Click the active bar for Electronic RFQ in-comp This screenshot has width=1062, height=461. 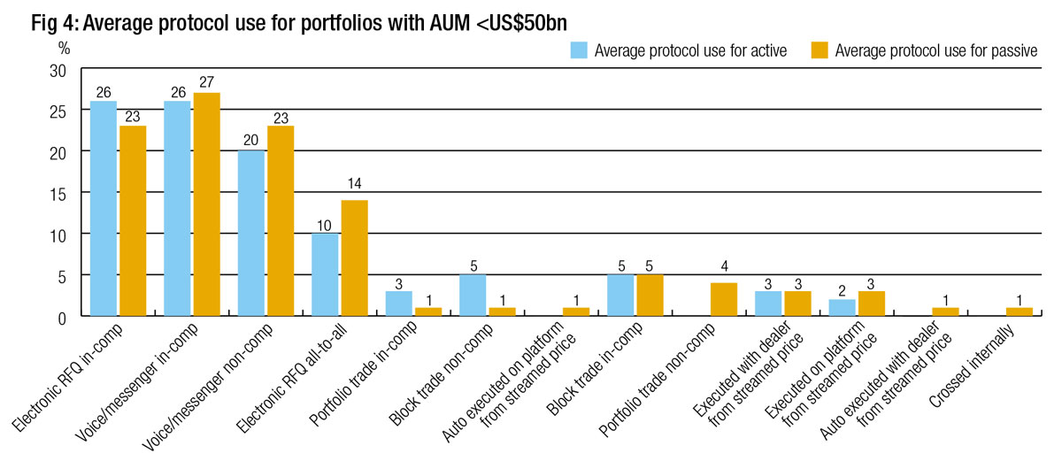(x=103, y=208)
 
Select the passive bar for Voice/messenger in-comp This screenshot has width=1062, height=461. (x=207, y=204)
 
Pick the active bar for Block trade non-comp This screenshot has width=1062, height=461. (x=472, y=295)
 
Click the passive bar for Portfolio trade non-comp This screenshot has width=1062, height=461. (x=723, y=299)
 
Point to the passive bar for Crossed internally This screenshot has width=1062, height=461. (x=1019, y=311)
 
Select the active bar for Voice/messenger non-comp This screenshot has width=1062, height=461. (x=251, y=233)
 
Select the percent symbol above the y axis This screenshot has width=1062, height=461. (x=63, y=45)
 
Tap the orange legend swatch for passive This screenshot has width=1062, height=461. (x=820, y=50)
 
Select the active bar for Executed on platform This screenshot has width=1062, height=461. (x=841, y=307)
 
